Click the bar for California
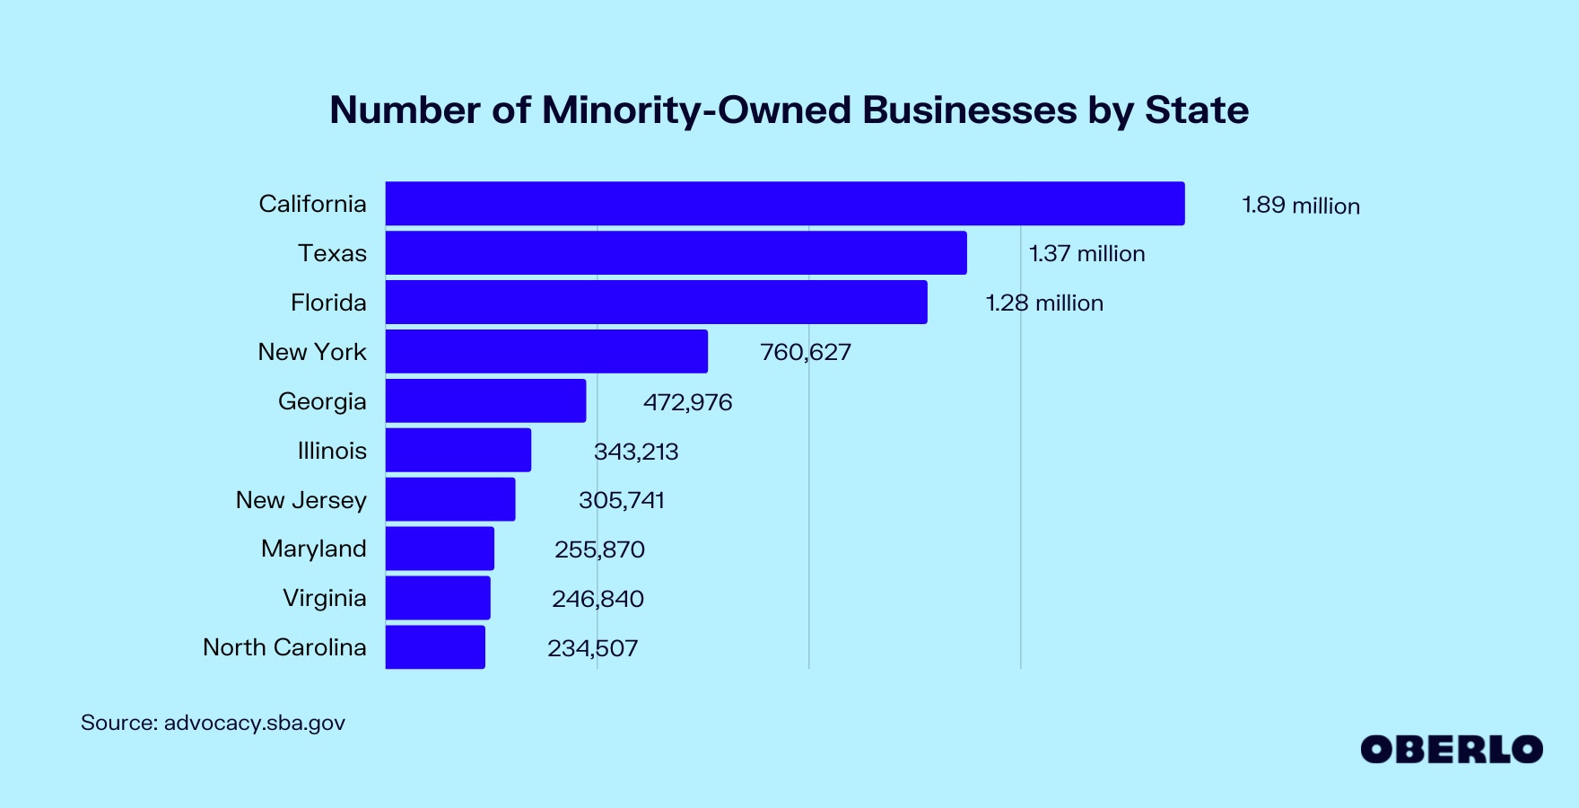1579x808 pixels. tap(785, 204)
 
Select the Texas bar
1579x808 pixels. tap(676, 253)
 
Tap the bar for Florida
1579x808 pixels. tap(657, 303)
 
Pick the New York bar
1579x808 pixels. tap(546, 351)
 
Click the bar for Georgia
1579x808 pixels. tap(485, 400)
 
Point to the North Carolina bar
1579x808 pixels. tap(435, 647)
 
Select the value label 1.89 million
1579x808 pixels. tap(1300, 206)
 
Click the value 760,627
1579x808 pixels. tap(805, 352)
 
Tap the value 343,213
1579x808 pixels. tap(636, 451)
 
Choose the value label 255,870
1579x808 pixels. tap(599, 549)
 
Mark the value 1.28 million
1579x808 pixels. tap(1044, 303)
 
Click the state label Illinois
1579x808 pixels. tap(332, 451)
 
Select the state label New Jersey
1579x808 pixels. tap(301, 500)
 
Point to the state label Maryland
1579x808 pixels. tap(313, 549)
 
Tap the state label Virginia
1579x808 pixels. tap(324, 598)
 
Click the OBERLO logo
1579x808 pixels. tap(1451, 750)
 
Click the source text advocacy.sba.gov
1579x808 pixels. tap(254, 723)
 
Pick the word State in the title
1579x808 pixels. tap(1196, 110)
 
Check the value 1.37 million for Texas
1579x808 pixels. tap(1086, 254)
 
